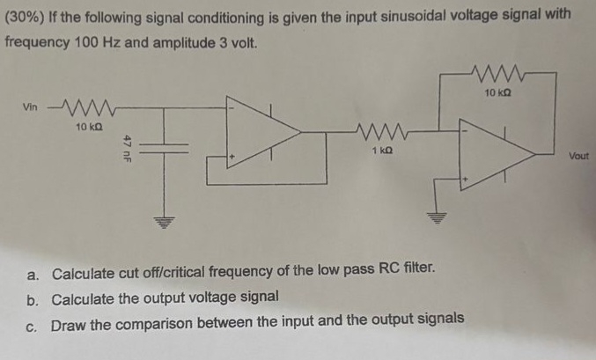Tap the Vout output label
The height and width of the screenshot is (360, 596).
coord(578,156)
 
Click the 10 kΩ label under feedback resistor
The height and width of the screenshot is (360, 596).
coord(500,91)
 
